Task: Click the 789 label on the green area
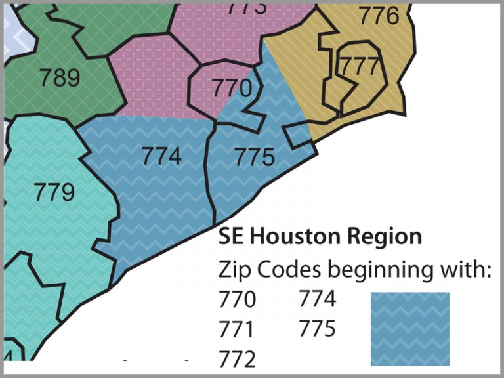[x=60, y=78]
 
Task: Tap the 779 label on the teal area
[x=54, y=192]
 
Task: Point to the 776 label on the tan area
[x=379, y=16]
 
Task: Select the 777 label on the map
[x=358, y=66]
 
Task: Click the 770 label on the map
[x=232, y=88]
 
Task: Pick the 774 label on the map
[x=161, y=156]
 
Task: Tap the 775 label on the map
[x=254, y=157]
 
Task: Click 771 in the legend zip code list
[x=236, y=329]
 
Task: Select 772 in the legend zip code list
[x=236, y=358]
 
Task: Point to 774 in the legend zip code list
[x=318, y=300]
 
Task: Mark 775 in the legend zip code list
[x=318, y=329]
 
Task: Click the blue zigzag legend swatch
[x=410, y=329]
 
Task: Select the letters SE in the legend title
[x=230, y=236]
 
